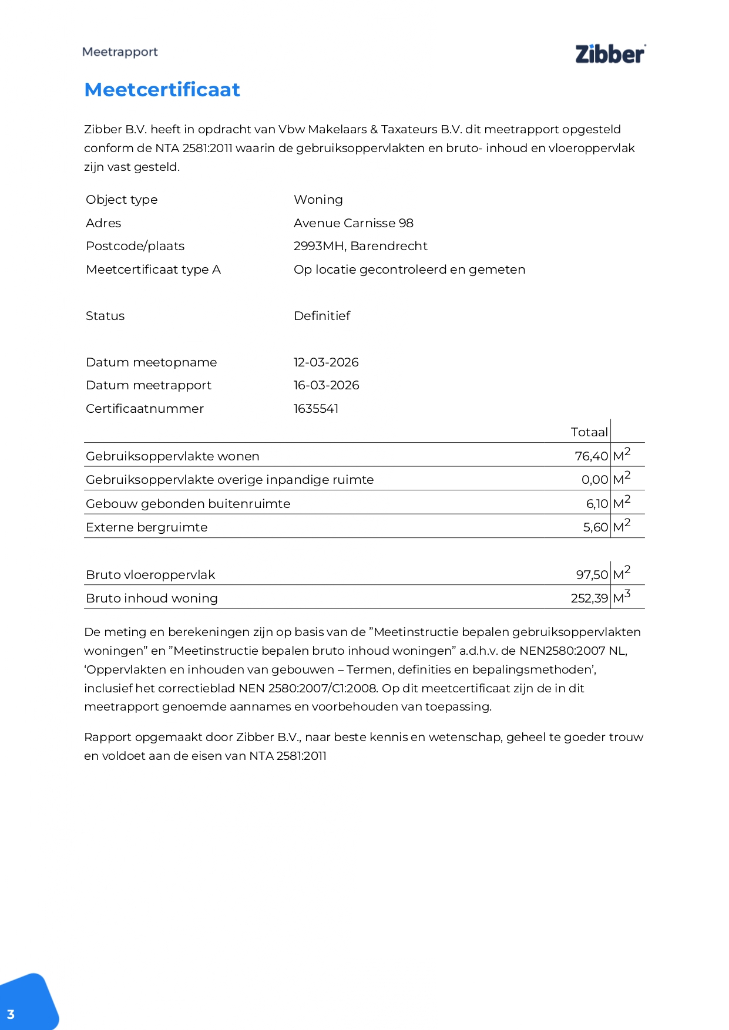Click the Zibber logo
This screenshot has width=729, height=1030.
click(x=610, y=53)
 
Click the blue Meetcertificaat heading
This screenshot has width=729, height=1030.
click(x=162, y=90)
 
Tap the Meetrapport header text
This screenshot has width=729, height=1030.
click(x=120, y=52)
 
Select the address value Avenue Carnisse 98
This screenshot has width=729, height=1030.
click(x=353, y=223)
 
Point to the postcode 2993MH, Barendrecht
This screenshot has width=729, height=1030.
click(x=360, y=246)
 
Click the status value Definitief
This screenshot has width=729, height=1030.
click(x=321, y=316)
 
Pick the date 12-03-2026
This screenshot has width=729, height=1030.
click(x=326, y=362)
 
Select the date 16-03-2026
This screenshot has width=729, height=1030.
click(x=326, y=385)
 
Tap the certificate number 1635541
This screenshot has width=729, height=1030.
click(x=315, y=409)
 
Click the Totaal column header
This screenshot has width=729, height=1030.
click(x=589, y=432)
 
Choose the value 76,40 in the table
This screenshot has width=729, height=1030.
click(x=591, y=456)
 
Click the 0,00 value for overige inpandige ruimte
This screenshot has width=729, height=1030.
click(x=594, y=480)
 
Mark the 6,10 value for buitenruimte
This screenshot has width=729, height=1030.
click(x=597, y=504)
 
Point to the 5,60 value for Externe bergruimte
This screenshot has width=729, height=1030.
click(x=595, y=527)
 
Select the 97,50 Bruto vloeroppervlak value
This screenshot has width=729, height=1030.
click(x=592, y=575)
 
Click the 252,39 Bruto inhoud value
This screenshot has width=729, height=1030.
click(x=589, y=598)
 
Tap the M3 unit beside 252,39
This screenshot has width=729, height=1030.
click(x=622, y=597)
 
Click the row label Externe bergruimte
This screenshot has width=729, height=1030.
click(x=146, y=527)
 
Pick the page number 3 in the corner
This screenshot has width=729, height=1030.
click(x=11, y=1014)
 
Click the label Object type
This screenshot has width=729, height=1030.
click(x=122, y=200)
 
